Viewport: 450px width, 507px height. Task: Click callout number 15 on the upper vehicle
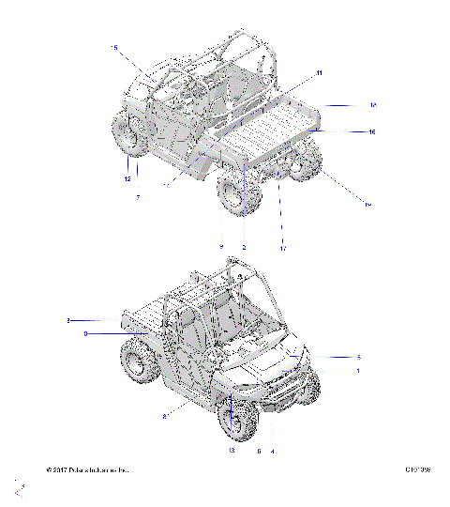pos(115,46)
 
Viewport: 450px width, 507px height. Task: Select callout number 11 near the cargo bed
pos(319,73)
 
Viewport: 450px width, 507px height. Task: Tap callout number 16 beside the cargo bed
pos(371,132)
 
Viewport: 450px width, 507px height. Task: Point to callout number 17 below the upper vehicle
pos(282,249)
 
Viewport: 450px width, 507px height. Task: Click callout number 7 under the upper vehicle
pos(138,197)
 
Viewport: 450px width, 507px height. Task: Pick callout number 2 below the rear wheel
pos(244,247)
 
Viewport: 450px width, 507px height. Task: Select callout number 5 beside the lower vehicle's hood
pos(358,357)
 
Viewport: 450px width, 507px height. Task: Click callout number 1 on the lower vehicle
pos(358,371)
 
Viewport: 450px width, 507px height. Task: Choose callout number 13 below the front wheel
pos(231,451)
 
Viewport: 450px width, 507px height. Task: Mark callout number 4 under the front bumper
pos(272,451)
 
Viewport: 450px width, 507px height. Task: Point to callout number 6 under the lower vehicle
pos(258,451)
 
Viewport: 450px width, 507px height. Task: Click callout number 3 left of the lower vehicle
pos(68,321)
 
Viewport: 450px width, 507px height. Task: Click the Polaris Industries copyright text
pos(87,469)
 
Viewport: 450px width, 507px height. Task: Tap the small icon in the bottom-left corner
pos(19,488)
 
